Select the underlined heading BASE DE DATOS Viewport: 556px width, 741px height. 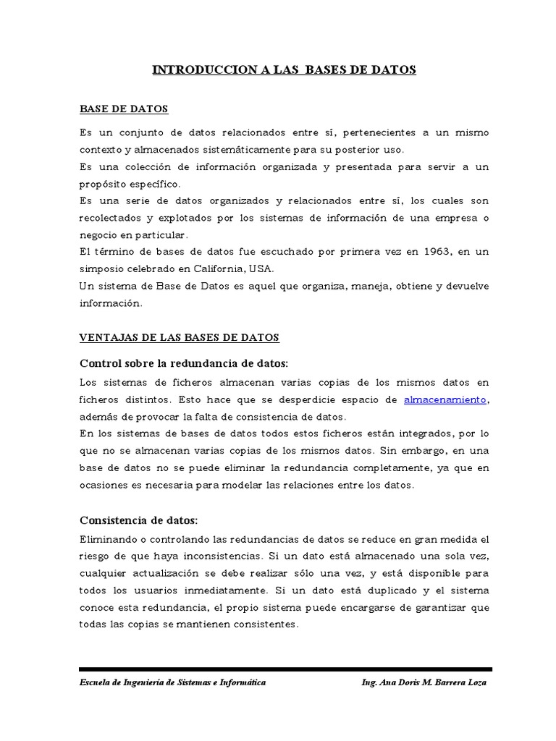[123, 109]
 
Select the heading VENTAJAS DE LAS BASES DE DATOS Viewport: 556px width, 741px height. [178, 338]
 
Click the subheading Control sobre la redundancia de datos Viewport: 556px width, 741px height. [183, 363]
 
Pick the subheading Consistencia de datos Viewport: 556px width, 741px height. [138, 520]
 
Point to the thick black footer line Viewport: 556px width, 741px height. [285, 669]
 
